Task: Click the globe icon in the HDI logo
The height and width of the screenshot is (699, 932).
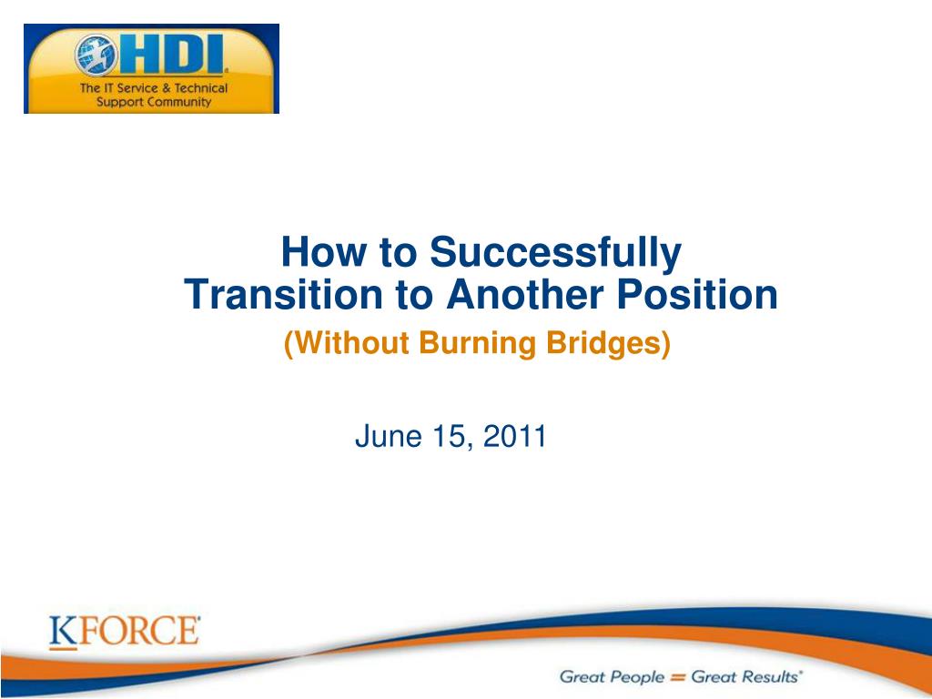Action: [96, 56]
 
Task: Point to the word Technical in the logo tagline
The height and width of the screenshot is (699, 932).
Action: [200, 88]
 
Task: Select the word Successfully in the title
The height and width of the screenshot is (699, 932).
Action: [555, 252]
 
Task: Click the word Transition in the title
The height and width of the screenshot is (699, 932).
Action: [283, 294]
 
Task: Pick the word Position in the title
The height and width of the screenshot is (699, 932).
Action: [697, 294]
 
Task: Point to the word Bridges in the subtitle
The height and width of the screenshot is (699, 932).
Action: [608, 343]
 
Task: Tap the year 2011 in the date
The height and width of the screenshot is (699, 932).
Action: [515, 436]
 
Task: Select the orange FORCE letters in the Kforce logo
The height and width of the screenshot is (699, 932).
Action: [139, 631]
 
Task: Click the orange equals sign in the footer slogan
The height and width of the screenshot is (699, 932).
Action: [677, 677]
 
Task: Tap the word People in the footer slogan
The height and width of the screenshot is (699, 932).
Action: [637, 677]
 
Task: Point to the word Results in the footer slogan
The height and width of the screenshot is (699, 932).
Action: [770, 676]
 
